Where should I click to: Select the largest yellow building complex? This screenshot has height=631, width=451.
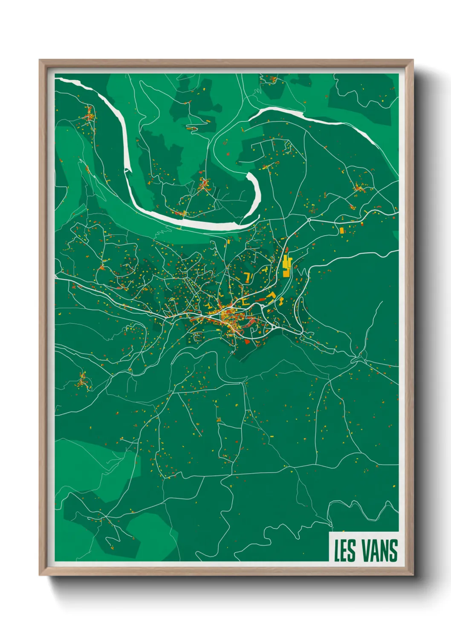(x=286, y=266)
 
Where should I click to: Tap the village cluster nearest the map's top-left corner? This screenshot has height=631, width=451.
(x=90, y=114)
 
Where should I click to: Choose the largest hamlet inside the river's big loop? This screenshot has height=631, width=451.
(x=204, y=184)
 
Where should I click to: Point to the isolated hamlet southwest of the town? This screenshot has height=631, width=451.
(x=82, y=380)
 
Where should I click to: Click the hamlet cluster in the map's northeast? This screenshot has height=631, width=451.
(x=359, y=187)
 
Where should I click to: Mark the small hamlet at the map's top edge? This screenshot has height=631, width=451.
(x=272, y=79)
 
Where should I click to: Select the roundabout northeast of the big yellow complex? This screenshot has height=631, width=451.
(x=309, y=220)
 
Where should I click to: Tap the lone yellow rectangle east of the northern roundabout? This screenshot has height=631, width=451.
(x=341, y=231)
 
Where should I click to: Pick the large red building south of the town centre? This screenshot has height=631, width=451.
(x=247, y=342)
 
